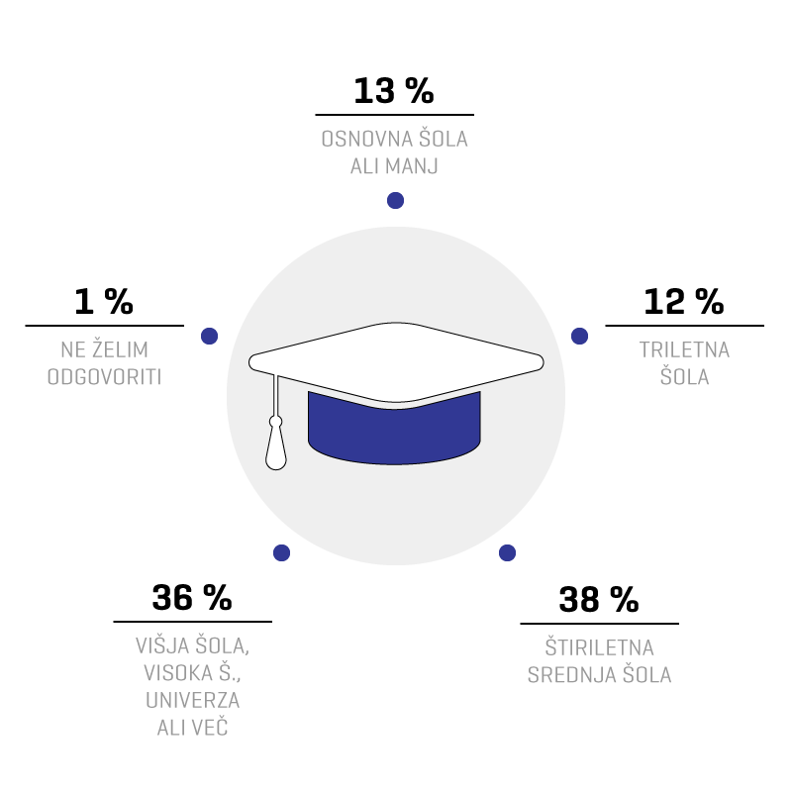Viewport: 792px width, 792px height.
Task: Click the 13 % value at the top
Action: [x=393, y=91]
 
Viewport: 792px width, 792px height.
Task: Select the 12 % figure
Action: [x=684, y=302]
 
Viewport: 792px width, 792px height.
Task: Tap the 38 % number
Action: [x=599, y=600]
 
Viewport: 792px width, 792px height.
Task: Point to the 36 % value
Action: [x=192, y=598]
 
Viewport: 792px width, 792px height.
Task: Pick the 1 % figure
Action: [x=104, y=302]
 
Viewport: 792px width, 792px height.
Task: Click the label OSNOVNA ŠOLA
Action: [x=394, y=139]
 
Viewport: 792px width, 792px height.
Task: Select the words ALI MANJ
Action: [x=394, y=166]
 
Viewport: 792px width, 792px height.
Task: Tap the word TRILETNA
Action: [x=684, y=349]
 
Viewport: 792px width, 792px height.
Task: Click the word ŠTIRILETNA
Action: [x=600, y=647]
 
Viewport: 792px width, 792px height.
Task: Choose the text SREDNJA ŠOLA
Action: [x=600, y=675]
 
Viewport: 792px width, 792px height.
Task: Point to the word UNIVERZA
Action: [x=192, y=700]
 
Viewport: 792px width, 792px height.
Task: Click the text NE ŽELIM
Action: [x=105, y=349]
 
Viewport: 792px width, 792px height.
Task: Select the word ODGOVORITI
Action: [x=105, y=377]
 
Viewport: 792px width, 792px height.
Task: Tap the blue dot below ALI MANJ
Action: [x=395, y=201]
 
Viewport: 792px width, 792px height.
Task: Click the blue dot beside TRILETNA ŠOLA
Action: [x=580, y=336]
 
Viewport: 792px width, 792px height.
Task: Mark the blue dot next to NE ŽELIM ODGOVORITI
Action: [x=210, y=336]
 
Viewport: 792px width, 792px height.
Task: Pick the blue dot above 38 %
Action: [x=508, y=552]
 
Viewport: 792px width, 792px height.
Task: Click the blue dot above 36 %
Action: [x=282, y=552]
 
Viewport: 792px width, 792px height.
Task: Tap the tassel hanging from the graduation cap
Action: [x=276, y=445]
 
